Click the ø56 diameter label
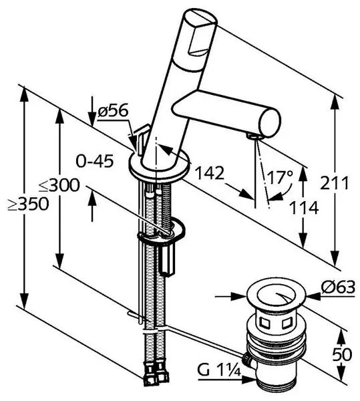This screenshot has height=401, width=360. pos(113,112)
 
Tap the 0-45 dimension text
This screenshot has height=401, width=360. pos(95,162)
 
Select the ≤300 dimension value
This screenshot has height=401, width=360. pos(59,185)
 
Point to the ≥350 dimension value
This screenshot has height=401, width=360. pos(28,205)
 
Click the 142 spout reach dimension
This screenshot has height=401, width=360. pos(210,173)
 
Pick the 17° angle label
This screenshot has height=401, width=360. pos(280,177)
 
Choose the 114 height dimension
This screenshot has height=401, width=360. pos(305,208)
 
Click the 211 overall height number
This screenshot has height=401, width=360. pos(334,183)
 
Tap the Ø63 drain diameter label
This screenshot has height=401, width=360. pos(338,287)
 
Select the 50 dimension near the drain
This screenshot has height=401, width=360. pos(342,355)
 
